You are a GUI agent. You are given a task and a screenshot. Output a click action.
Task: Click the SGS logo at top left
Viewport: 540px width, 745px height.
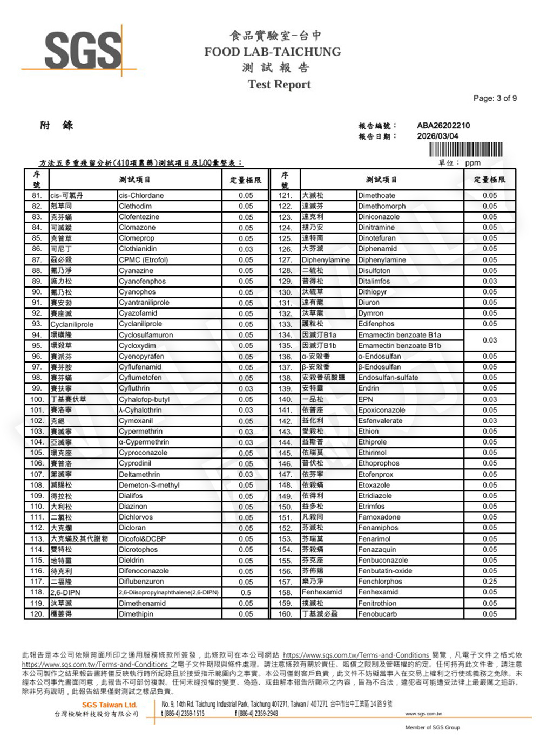pos(83,50)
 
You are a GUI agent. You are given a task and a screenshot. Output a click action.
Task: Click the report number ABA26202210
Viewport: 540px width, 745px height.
pos(443,126)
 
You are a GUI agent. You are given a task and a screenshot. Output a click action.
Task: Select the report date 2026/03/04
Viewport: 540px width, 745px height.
pos(437,136)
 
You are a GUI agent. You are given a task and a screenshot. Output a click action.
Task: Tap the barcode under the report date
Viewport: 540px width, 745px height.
pos(465,149)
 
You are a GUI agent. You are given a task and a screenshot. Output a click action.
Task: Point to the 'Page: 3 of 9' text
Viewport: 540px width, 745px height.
pos(495,98)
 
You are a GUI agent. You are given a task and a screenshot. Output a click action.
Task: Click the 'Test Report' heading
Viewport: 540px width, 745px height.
pos(279,84)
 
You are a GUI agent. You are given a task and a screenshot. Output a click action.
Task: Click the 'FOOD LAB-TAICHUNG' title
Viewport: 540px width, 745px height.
pos(273,52)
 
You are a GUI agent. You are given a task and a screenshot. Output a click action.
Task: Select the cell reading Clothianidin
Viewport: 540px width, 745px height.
pos(138,249)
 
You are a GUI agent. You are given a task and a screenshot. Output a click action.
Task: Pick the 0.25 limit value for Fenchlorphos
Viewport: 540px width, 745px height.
pos(490,582)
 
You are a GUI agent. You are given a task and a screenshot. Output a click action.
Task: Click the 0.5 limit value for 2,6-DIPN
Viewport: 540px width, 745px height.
pos(246,592)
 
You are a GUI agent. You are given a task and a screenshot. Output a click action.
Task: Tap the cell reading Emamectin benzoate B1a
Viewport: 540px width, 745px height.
pos(400,335)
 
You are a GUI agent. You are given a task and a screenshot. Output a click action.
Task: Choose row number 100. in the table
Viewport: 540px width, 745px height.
pos(37,400)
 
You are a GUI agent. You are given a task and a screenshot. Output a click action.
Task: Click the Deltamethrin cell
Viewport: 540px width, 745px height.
pos(139,475)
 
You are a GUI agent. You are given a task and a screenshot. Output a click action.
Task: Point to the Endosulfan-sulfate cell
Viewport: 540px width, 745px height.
pos(388,378)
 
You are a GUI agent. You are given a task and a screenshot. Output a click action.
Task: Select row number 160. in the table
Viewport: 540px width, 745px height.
pos(285,614)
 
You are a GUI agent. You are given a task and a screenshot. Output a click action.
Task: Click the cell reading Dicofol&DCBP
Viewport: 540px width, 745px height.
pos(142,539)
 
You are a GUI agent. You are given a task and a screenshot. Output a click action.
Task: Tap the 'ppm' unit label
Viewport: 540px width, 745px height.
pos(473,163)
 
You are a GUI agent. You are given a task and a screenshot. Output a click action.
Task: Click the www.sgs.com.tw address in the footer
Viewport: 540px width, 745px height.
pos(423,714)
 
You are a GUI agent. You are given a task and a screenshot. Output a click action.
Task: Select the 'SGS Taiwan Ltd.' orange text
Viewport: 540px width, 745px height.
pos(110,705)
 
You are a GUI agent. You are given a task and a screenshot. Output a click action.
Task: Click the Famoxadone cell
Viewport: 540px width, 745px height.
pos(379,517)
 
